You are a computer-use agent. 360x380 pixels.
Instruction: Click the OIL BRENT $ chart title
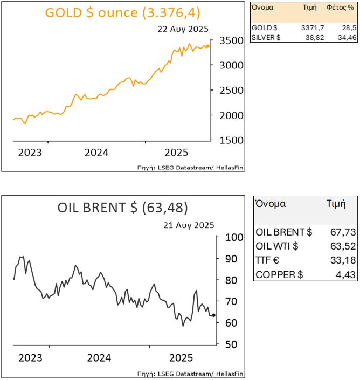123,208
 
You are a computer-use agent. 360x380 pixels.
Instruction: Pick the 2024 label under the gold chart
96,152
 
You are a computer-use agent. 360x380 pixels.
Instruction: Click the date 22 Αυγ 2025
183,29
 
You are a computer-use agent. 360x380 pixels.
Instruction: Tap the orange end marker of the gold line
209,46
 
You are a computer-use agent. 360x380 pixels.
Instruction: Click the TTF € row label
268,261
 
